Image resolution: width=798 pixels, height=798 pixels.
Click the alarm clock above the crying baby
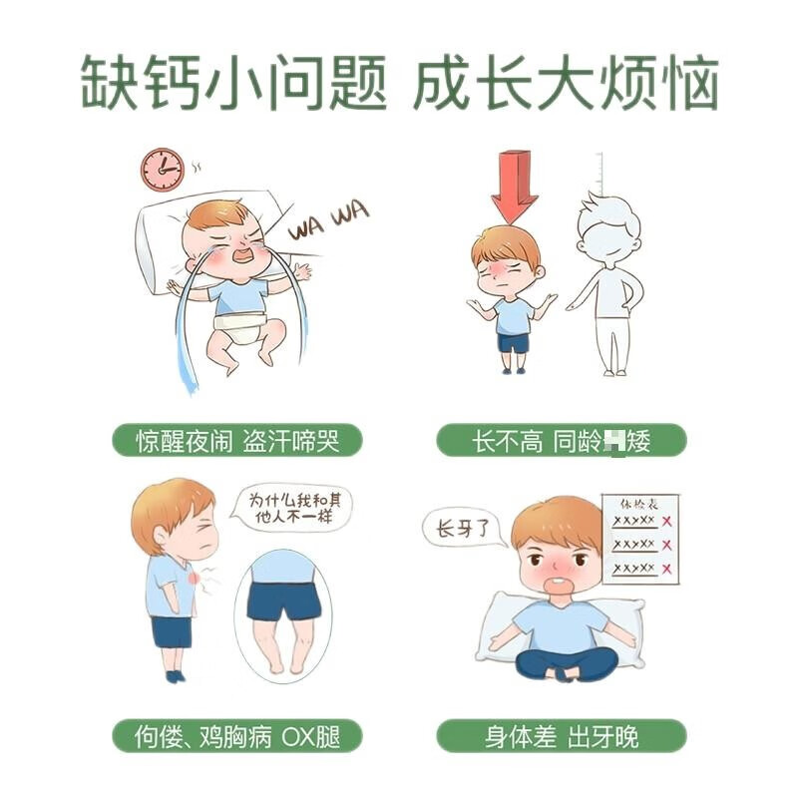[162, 170]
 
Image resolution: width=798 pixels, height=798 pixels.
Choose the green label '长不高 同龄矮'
[562, 440]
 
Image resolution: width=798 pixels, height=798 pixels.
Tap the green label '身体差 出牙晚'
[562, 737]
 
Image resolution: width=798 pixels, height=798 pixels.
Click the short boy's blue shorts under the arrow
[514, 342]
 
